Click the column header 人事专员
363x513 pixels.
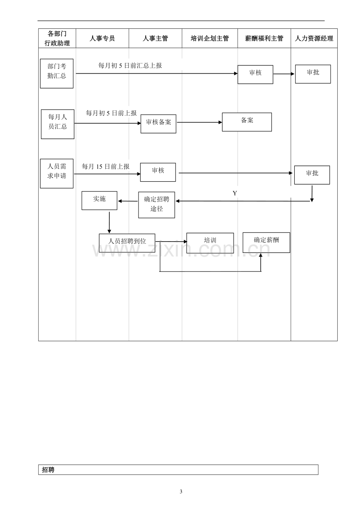coord(102,38)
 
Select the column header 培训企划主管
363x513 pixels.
coord(210,38)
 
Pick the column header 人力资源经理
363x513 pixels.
coord(314,38)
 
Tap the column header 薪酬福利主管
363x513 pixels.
coord(264,38)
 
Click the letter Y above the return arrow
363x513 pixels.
coord(235,193)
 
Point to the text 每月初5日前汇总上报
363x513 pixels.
coord(130,65)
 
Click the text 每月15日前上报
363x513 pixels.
coord(106,167)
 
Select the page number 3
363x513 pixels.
coord(181,491)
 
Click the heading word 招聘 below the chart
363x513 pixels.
coord(48,470)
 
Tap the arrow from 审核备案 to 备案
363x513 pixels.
coord(200,122)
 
